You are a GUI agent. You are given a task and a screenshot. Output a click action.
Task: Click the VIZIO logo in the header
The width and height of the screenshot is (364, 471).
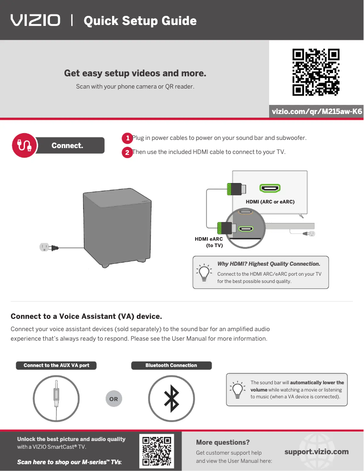point(35,20)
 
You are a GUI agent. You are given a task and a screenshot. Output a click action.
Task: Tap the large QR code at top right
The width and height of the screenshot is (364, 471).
point(316,72)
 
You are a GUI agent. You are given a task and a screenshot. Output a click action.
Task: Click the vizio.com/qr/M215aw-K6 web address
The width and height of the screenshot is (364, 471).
point(317,111)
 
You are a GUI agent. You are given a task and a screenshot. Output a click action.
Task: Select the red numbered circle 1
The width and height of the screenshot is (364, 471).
point(127,138)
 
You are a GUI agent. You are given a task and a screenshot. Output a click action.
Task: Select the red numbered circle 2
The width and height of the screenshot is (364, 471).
point(127,152)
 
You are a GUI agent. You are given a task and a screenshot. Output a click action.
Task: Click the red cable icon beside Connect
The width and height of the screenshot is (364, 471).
point(25,145)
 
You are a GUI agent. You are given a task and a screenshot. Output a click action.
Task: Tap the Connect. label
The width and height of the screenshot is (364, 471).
point(67,145)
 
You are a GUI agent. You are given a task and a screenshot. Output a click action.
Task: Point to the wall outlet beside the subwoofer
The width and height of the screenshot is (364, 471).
point(44,247)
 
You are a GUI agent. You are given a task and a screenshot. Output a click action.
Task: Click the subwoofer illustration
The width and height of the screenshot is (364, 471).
point(117,228)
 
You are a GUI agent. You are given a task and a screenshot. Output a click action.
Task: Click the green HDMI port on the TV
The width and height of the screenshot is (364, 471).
point(270,188)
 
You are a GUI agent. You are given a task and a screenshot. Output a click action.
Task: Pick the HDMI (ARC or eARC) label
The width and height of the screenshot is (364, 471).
point(270,202)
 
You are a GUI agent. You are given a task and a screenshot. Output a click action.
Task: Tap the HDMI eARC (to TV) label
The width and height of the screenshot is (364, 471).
point(209,242)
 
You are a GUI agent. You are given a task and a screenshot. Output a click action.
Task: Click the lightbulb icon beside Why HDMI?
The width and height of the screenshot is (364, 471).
point(204,272)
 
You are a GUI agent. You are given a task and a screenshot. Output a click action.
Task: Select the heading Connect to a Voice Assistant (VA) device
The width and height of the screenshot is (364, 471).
point(86,316)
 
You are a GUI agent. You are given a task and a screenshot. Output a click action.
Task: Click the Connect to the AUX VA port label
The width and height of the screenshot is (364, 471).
point(56,365)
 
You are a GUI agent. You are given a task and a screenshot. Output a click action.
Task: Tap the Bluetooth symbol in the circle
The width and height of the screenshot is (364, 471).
point(172,399)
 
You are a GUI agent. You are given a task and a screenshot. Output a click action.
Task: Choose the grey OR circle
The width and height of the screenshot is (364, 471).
point(114,399)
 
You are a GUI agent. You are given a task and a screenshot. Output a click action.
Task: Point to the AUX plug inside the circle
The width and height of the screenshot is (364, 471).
point(56,394)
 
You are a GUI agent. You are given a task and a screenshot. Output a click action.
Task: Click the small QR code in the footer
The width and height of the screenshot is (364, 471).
point(157,451)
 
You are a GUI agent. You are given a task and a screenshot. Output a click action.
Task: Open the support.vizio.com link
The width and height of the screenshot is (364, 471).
point(317,452)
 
